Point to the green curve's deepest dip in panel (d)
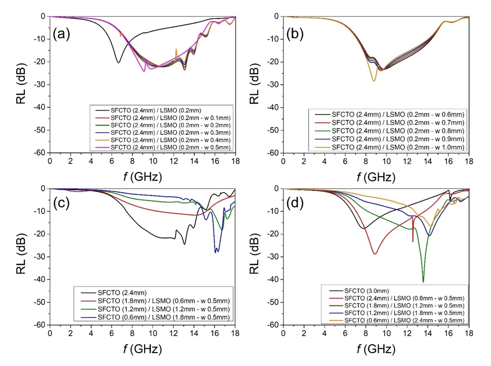pos(423,282)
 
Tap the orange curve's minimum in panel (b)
pos(374,81)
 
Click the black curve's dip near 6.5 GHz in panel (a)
pos(118,62)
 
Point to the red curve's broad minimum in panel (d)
pos(374,254)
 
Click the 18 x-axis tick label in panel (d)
pos(468,333)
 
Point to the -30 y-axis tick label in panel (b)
pos(272,84)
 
